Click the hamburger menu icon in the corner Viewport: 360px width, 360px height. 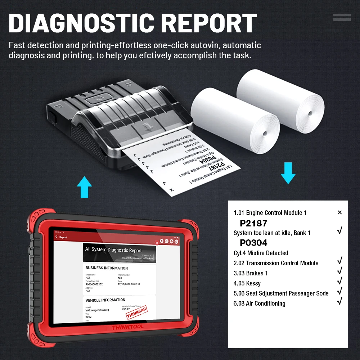(342, 17)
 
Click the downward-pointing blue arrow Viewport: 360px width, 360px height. (288, 173)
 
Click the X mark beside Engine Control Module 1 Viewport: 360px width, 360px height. (339, 213)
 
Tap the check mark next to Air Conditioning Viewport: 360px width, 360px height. (339, 302)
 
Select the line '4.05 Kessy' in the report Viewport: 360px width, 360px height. (247, 283)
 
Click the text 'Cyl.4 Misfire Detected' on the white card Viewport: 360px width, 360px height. (261, 253)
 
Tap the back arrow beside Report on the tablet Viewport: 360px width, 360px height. (57, 237)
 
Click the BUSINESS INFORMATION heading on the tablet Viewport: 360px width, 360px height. (107, 268)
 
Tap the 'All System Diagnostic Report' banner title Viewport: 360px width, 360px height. (113, 250)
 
